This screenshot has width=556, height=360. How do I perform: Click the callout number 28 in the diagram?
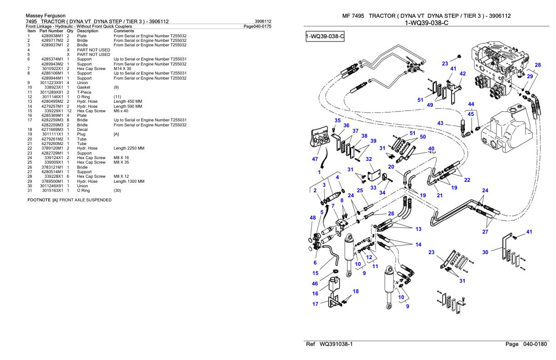(x=538, y=65)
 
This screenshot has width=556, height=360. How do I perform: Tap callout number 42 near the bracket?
(x=462, y=74)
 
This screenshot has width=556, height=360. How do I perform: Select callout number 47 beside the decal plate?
(x=315, y=160)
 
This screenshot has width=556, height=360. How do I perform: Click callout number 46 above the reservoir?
(x=315, y=283)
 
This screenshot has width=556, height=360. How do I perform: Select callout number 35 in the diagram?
(x=338, y=120)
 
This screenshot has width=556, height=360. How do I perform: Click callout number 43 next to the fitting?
(x=440, y=123)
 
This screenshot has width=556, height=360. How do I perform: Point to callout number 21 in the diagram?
(x=439, y=195)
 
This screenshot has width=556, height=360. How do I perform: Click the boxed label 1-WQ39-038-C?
(x=325, y=36)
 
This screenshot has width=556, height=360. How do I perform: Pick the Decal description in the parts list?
(x=83, y=130)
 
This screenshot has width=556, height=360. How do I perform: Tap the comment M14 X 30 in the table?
(x=122, y=69)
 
